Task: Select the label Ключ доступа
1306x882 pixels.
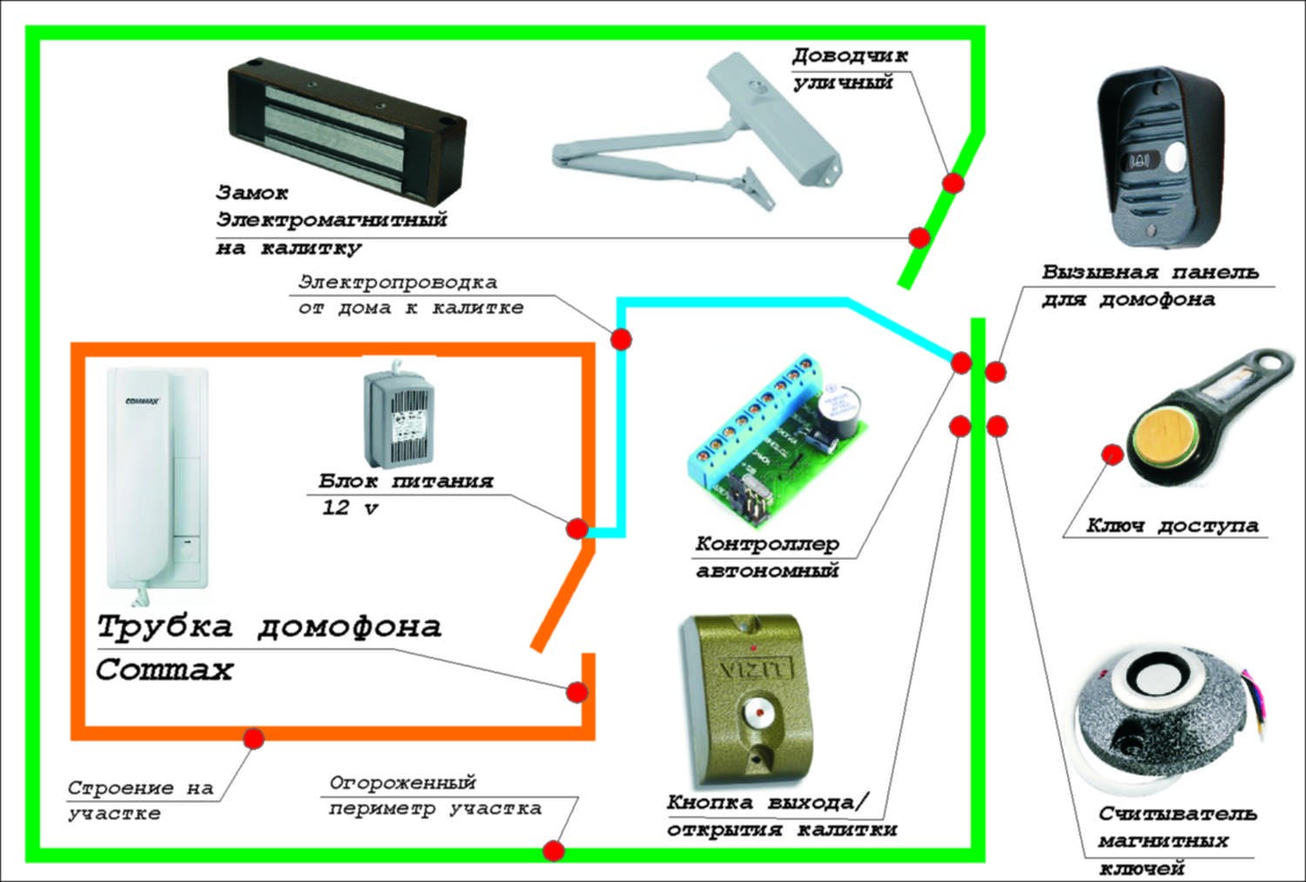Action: tap(1172, 526)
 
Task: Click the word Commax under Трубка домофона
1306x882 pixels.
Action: tap(165, 670)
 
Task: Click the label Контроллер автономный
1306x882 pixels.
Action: tap(767, 557)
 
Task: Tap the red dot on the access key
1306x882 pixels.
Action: tap(1112, 454)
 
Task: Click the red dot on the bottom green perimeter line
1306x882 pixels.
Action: tap(553, 851)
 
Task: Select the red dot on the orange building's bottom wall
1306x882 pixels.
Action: tap(253, 737)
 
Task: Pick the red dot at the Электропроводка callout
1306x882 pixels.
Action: tap(620, 339)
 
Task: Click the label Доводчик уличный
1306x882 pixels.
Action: tap(849, 69)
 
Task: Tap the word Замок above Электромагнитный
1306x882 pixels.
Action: tap(252, 192)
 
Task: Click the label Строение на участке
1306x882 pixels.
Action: tap(140, 800)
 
